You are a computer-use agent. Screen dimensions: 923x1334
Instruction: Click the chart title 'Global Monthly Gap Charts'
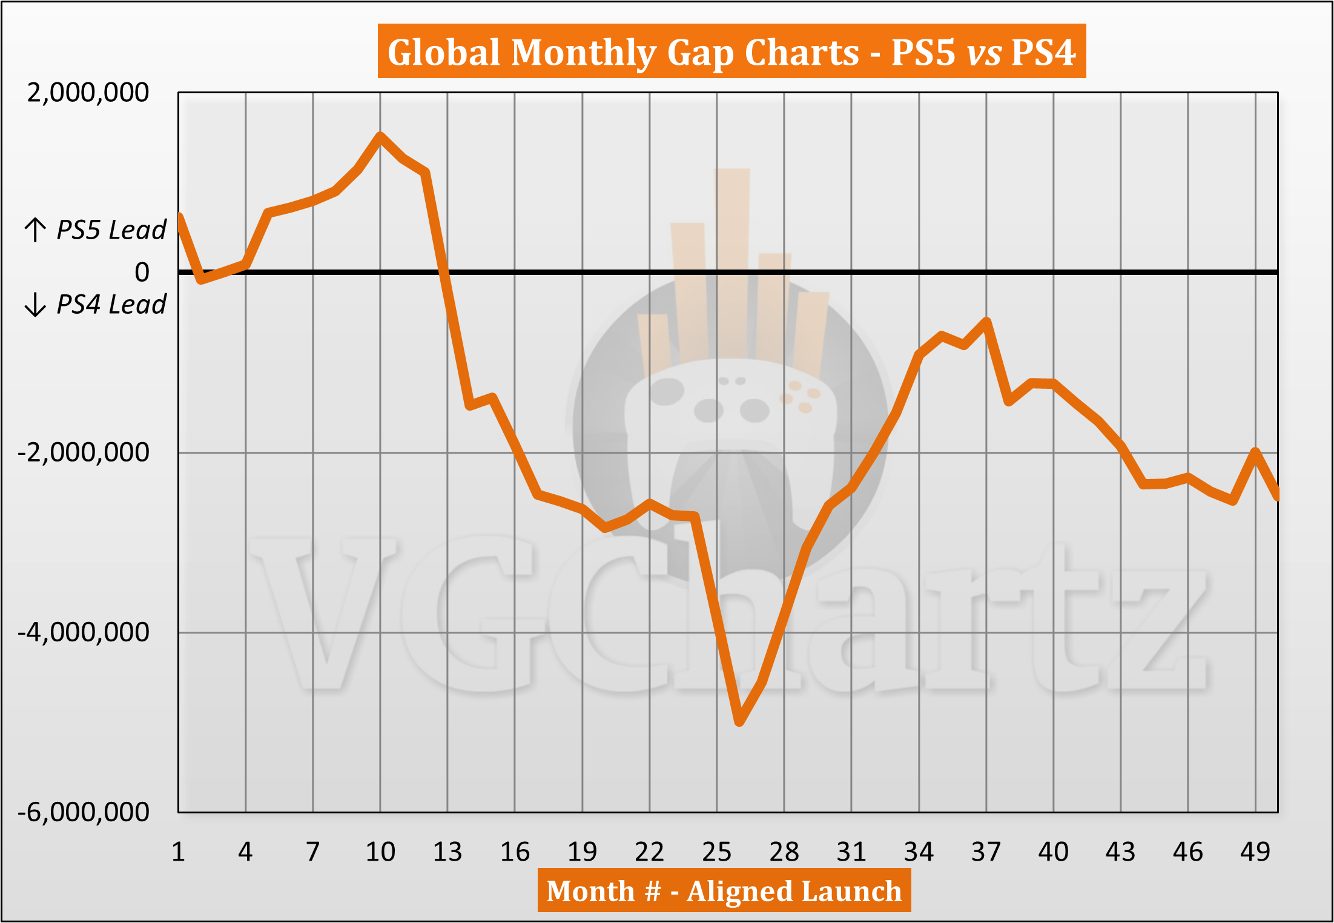[731, 52]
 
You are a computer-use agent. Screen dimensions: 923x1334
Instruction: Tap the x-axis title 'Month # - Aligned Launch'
[724, 891]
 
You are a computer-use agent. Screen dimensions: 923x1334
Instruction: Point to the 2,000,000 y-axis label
[88, 93]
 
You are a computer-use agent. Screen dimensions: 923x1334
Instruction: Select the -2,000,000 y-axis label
[83, 452]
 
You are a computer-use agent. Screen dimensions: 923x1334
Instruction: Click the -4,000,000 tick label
[83, 632]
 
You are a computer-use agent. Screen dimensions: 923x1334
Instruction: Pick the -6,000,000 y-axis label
[83, 812]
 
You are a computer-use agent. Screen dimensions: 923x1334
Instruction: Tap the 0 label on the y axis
[142, 272]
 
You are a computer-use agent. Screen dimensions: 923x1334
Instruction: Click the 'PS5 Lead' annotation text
[111, 230]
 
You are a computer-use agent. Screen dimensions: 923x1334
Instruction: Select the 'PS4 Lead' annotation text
[111, 304]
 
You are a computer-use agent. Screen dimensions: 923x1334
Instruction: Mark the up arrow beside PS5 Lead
[35, 230]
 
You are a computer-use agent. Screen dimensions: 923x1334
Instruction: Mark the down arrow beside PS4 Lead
[35, 304]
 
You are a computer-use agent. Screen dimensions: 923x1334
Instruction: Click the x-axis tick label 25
[716, 852]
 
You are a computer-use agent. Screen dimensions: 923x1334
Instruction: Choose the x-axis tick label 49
[1255, 852]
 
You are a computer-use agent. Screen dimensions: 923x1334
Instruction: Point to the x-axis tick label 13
[447, 852]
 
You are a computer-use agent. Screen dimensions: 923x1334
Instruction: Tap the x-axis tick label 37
[986, 852]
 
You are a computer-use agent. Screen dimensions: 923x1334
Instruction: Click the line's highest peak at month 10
[380, 136]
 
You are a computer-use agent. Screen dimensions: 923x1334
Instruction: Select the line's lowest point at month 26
[739, 721]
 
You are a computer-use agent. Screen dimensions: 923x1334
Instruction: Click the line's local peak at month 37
[986, 321]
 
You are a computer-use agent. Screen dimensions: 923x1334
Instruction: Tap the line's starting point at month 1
[179, 216]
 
